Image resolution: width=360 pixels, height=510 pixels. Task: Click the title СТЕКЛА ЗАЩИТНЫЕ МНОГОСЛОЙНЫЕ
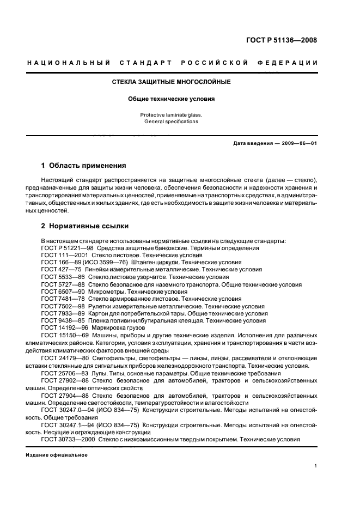tap(171, 82)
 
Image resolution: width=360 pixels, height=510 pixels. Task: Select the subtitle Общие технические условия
tap(171, 100)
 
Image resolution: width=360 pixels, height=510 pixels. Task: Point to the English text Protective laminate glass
tap(171, 115)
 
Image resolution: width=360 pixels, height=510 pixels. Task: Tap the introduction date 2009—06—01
tap(297, 143)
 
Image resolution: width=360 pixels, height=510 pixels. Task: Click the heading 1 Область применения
tap(84, 165)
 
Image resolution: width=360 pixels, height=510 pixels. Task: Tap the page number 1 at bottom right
tap(316, 466)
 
